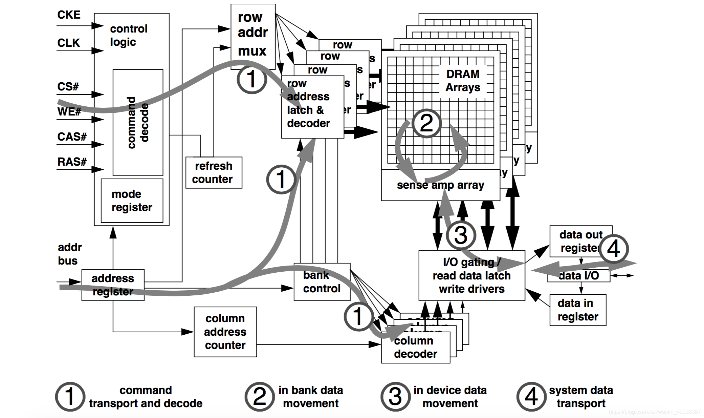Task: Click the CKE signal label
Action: pyautogui.click(x=69, y=15)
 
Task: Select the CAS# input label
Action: pyautogui.click(x=72, y=137)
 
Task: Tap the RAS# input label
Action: pyautogui.click(x=72, y=162)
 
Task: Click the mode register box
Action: pyautogui.click(x=132, y=201)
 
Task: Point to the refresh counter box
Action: pyautogui.click(x=214, y=172)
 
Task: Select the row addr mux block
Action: pyautogui.click(x=252, y=34)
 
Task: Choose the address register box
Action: pyautogui.click(x=113, y=285)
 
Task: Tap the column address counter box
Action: pyautogui.click(x=225, y=332)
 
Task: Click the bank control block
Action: pyautogui.click(x=322, y=282)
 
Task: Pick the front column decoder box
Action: pyautogui.click(x=415, y=348)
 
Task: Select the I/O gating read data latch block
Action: pyautogui.click(x=471, y=275)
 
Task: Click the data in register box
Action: pyautogui.click(x=577, y=310)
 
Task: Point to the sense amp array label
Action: pyautogui.click(x=440, y=185)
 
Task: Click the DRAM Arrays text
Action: pyautogui.click(x=463, y=81)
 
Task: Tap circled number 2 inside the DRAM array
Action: pyautogui.click(x=426, y=123)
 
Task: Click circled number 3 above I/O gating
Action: pyautogui.click(x=461, y=235)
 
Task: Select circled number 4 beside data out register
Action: pyautogui.click(x=613, y=249)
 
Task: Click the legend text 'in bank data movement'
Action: pyautogui.click(x=310, y=397)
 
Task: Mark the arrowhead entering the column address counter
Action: pyautogui.click(x=188, y=332)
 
